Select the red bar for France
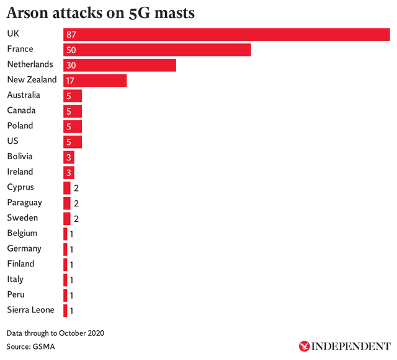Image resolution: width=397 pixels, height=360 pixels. [x=157, y=50]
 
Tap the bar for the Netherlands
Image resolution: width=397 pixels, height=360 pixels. [x=120, y=65]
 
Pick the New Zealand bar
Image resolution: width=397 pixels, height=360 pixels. [x=95, y=81]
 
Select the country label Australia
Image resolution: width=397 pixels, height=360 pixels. [x=24, y=95]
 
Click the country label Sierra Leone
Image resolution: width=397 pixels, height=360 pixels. [x=30, y=310]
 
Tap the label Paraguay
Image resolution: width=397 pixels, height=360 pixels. [x=25, y=203]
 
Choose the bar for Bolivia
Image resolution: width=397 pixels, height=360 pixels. [x=69, y=157]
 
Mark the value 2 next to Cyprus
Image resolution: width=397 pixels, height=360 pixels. [x=76, y=188]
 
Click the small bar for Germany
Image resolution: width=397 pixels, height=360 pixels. [x=65, y=249]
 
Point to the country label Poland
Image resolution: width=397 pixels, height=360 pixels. [x=20, y=126]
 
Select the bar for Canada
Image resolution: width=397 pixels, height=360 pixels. [x=73, y=111]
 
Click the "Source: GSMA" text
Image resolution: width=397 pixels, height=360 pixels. [x=30, y=346]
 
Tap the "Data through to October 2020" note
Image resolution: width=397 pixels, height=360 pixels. [x=55, y=333]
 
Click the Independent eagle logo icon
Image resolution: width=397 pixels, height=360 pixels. [x=305, y=346]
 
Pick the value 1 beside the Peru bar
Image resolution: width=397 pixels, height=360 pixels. [x=72, y=295]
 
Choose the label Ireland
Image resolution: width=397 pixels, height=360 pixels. [x=20, y=172]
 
